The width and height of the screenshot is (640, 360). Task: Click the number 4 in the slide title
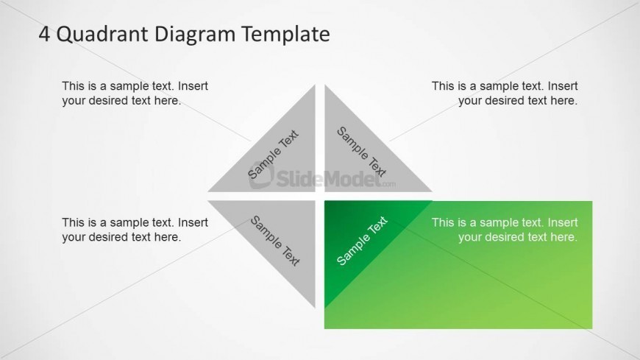click(44, 34)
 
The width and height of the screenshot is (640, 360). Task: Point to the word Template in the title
click(282, 34)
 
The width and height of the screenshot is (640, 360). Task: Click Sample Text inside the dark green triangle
click(362, 241)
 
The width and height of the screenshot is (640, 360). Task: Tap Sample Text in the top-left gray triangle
click(273, 155)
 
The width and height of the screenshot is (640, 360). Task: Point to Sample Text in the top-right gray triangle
click(361, 152)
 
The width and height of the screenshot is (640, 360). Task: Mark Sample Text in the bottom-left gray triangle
click(275, 240)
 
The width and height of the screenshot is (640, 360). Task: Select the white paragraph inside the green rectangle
click(505, 230)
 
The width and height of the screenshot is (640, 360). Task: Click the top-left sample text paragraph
click(135, 93)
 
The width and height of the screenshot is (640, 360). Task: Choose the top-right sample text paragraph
click(505, 93)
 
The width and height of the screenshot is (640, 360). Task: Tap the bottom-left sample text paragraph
click(135, 230)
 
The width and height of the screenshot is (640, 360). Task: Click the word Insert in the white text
click(562, 222)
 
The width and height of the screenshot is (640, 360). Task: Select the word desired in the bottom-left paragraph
click(108, 237)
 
